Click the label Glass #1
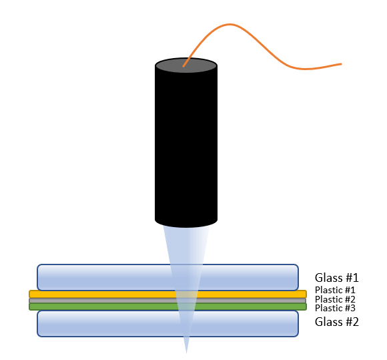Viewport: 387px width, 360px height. click(x=336, y=278)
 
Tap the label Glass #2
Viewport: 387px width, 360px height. click(x=336, y=322)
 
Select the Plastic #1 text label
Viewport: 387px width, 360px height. click(x=335, y=290)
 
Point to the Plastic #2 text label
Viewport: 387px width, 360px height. click(x=335, y=299)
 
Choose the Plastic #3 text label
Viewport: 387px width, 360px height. click(x=335, y=308)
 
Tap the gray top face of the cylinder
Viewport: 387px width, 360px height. click(x=186, y=65)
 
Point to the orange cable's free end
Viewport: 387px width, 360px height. click(x=342, y=64)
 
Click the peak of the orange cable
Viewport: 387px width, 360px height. click(x=230, y=24)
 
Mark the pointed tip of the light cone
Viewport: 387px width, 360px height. click(x=186, y=353)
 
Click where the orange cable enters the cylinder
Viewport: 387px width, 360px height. click(x=183, y=66)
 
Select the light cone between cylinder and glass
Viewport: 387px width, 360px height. click(x=186, y=244)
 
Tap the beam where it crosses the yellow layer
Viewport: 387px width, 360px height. click(x=187, y=294)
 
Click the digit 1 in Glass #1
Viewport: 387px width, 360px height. click(x=356, y=278)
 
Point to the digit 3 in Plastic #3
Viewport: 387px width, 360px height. click(x=353, y=308)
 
